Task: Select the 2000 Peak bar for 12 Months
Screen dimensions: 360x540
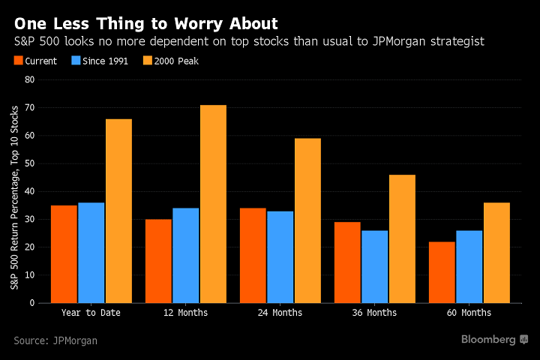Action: click(213, 204)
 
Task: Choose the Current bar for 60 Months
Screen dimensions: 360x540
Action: click(442, 272)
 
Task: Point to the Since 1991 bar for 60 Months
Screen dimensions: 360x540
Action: click(469, 266)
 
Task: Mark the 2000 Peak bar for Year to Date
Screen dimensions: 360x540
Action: click(118, 211)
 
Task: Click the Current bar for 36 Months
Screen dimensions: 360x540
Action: click(347, 262)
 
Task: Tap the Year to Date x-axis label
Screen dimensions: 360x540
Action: click(91, 312)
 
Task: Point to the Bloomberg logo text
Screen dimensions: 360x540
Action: click(488, 340)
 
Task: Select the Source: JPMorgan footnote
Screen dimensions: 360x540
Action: click(55, 340)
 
